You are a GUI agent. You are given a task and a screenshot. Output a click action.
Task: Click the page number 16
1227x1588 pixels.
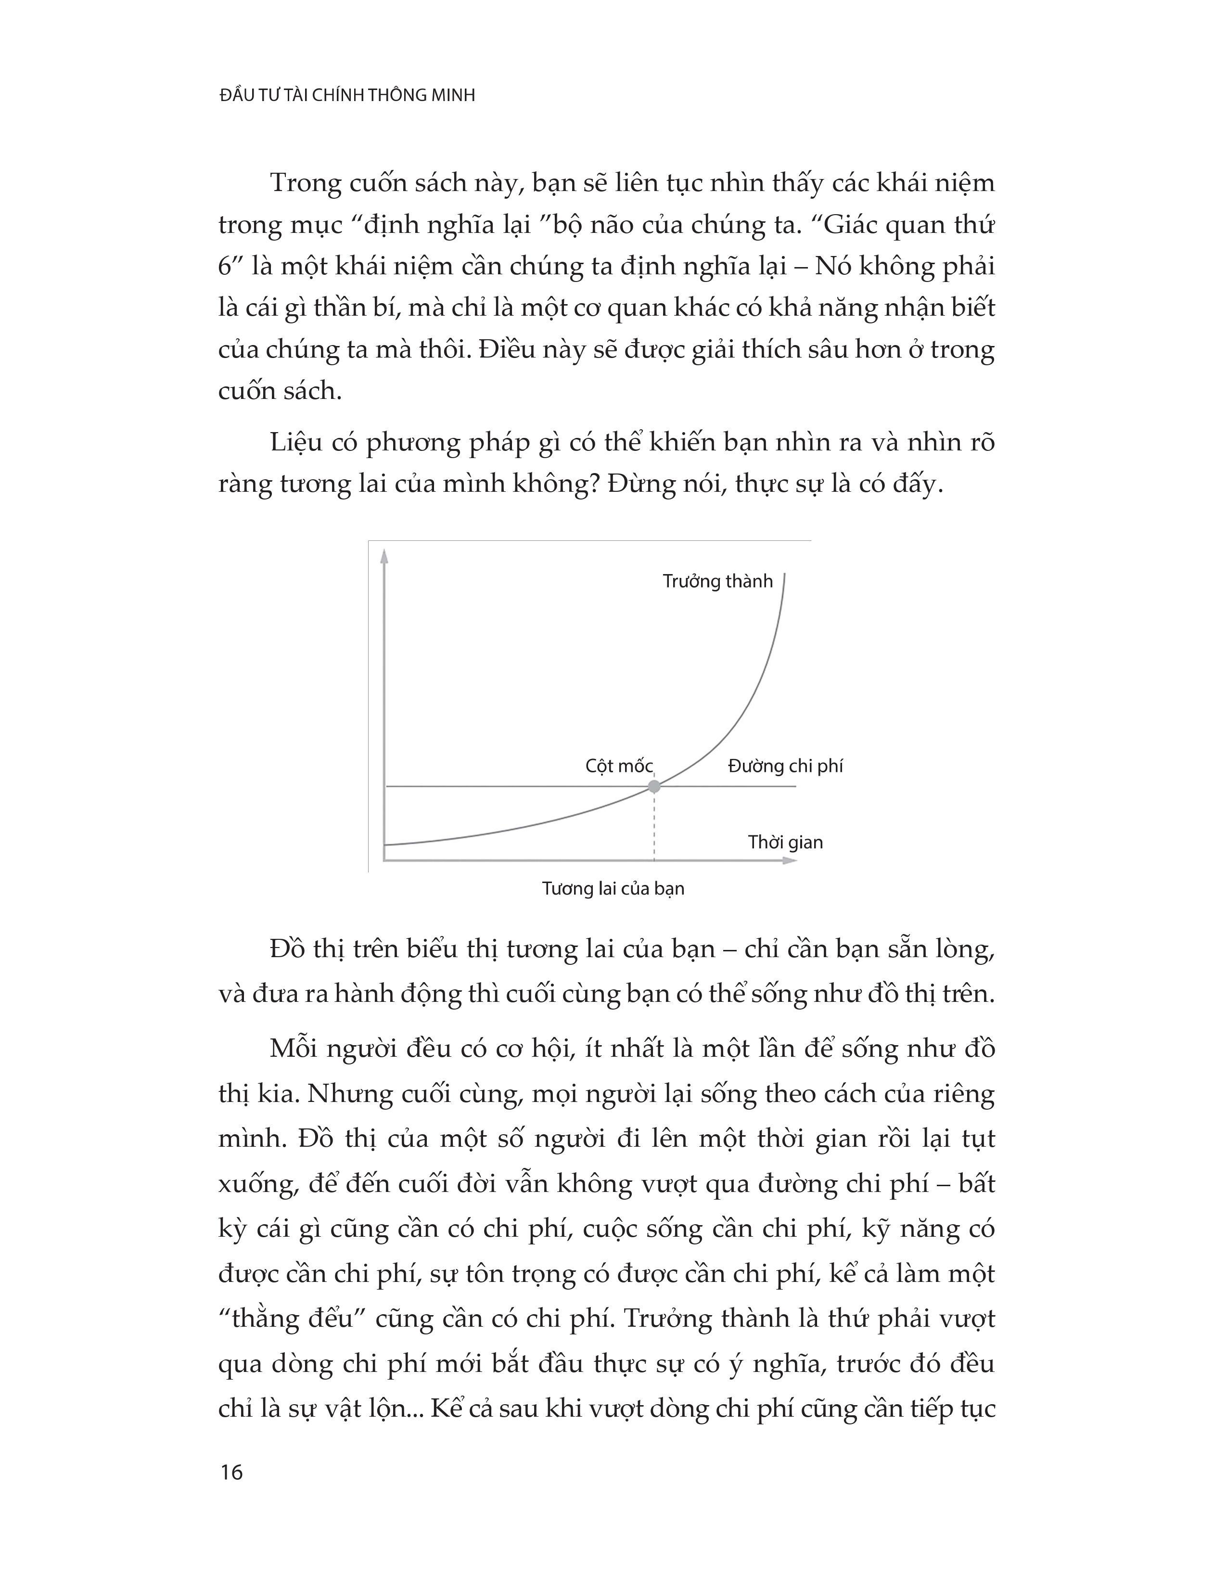230,1473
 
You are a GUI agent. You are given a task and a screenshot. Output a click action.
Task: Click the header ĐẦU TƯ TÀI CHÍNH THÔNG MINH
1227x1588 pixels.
347,95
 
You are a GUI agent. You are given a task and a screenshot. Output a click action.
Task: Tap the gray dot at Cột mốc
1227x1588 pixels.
654,786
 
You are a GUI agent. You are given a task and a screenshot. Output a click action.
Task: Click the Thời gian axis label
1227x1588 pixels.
785,842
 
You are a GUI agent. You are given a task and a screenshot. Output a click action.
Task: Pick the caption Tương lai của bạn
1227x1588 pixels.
613,888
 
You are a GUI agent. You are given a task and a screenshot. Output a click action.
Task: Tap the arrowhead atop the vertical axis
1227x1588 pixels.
384,556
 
